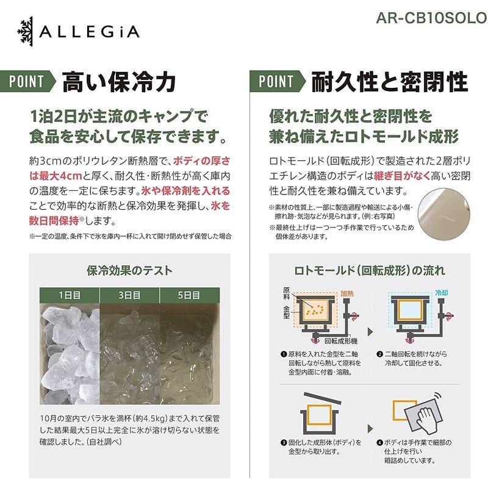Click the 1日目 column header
70,295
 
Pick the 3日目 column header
129,295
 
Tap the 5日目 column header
189,295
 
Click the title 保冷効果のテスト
129,270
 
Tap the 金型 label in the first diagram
287,311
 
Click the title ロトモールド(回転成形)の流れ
369,270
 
